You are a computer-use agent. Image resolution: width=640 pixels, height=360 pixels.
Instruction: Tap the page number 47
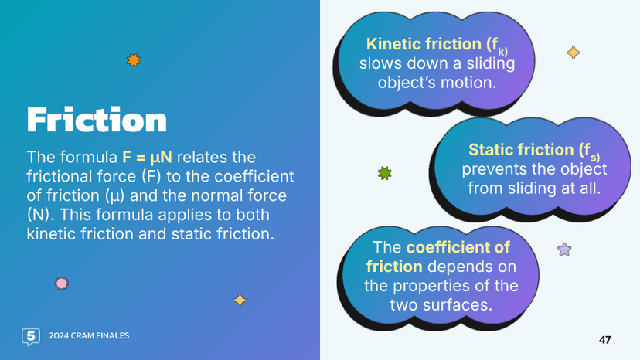tap(604, 340)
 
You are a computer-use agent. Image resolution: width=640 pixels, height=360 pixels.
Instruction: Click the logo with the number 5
tap(30, 336)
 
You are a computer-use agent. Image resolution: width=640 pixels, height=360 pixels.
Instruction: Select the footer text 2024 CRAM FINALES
tap(89, 336)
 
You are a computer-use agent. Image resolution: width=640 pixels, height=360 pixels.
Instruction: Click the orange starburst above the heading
tap(134, 59)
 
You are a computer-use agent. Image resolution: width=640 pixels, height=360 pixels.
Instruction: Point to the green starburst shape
tap(384, 173)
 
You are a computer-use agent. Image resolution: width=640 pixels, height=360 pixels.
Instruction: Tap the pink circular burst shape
tap(62, 284)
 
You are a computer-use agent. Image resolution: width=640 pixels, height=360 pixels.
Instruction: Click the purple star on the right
tap(564, 250)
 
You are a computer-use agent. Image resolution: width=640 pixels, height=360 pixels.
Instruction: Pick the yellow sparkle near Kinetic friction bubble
tap(573, 53)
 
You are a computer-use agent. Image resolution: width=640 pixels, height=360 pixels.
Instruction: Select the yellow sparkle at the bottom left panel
tap(240, 300)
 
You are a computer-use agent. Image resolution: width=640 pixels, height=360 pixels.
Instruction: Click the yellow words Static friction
tap(523, 149)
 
